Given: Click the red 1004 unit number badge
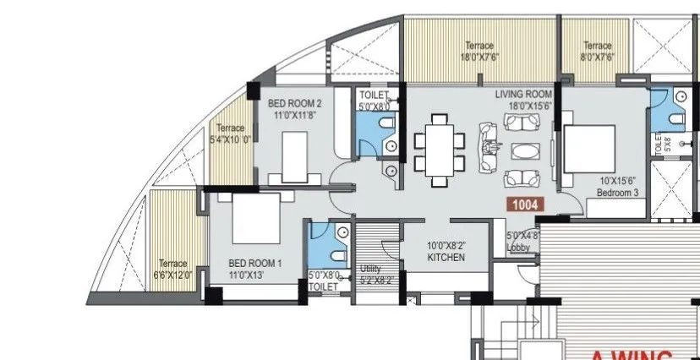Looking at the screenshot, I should [x=523, y=204].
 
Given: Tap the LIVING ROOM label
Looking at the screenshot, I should [x=523, y=94].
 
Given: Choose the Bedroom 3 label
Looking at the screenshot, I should [x=618, y=193].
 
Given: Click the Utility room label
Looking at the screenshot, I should [x=370, y=268].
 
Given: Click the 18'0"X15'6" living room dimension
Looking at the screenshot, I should [x=523, y=106].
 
